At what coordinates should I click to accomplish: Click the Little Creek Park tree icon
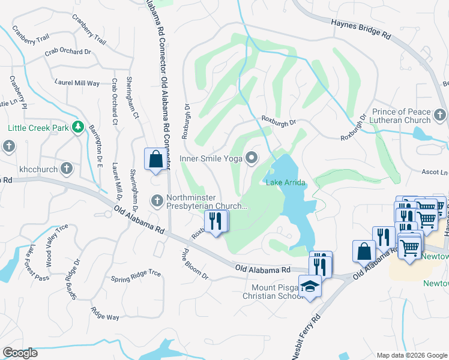pyautogui.click(x=77, y=127)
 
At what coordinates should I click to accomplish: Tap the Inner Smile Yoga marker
pyautogui.click(x=252, y=158)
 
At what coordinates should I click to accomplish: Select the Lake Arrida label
pyautogui.click(x=286, y=182)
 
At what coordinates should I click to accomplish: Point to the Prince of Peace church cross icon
pyautogui.click(x=440, y=114)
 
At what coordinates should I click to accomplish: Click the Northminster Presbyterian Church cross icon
pyautogui.click(x=158, y=200)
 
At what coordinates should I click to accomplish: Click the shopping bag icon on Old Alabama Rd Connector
pyautogui.click(x=155, y=160)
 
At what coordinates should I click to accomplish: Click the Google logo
pyautogui.click(x=20, y=353)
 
